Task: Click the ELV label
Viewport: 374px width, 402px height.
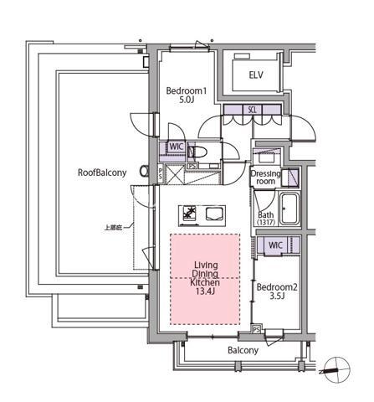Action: coord(256,75)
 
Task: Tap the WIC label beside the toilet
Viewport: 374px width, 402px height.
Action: coord(176,147)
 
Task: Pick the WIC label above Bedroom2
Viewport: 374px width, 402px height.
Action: coord(274,245)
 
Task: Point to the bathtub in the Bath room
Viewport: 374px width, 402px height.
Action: coord(292,208)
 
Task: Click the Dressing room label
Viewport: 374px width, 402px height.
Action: coord(266,176)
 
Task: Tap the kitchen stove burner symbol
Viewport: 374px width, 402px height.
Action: coord(189,213)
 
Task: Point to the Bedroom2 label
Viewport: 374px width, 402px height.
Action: coord(277,286)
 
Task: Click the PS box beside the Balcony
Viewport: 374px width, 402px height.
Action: coord(256,330)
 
